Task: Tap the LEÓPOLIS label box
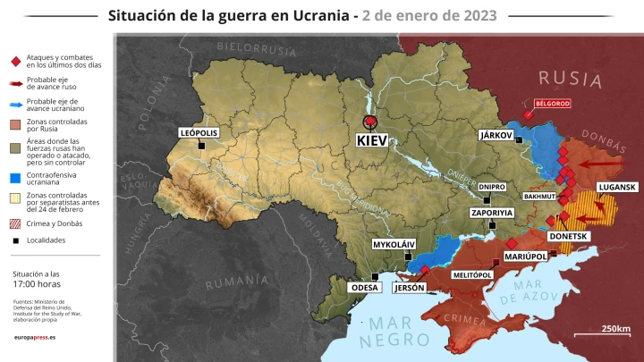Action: [x=199, y=132]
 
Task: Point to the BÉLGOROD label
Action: [x=552, y=104]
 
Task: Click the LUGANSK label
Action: [x=616, y=187]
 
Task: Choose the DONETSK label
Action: [x=569, y=236]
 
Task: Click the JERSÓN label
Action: [x=409, y=288]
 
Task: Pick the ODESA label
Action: [x=365, y=288]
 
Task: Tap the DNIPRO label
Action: [x=492, y=187]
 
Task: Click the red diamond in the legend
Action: [x=15, y=61]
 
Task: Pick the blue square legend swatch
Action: [x=15, y=178]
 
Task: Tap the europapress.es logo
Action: [x=35, y=338]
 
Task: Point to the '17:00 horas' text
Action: [x=37, y=284]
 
